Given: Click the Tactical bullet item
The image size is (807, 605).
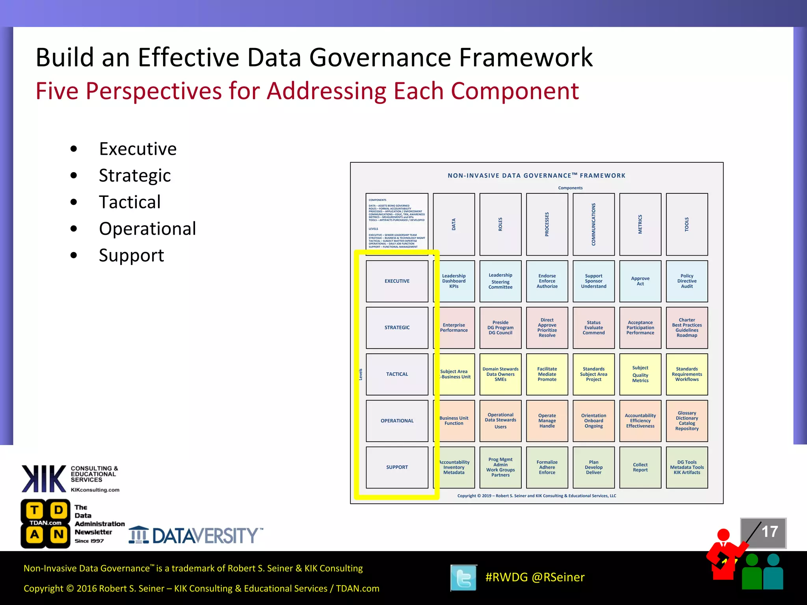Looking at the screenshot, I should [x=130, y=202].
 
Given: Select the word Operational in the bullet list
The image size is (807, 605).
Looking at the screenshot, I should [x=147, y=229].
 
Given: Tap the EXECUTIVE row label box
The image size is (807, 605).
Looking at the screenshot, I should [x=397, y=281].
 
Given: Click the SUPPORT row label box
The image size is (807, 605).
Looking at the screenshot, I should [x=397, y=467].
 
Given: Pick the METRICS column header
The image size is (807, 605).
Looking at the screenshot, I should [x=640, y=224].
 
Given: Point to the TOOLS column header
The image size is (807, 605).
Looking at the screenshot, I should [x=686, y=224].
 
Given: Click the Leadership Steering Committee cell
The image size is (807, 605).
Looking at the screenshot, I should [x=500, y=281].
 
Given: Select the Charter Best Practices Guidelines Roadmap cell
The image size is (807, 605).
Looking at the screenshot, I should [x=687, y=328].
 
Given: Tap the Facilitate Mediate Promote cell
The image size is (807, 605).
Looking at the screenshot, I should [x=547, y=374].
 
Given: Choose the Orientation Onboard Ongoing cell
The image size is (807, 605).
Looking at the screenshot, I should [x=593, y=421].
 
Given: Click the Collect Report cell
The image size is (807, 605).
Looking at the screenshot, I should [x=640, y=467].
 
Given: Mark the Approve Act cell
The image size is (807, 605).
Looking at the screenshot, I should [x=640, y=281].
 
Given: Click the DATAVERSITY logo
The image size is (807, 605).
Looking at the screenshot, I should [x=196, y=535].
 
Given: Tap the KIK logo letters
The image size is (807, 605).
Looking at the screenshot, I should [x=44, y=479].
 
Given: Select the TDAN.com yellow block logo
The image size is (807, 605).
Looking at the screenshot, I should [x=46, y=524].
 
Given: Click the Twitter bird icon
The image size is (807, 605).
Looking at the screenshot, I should [x=463, y=578].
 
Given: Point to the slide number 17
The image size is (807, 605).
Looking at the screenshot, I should [x=769, y=532].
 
